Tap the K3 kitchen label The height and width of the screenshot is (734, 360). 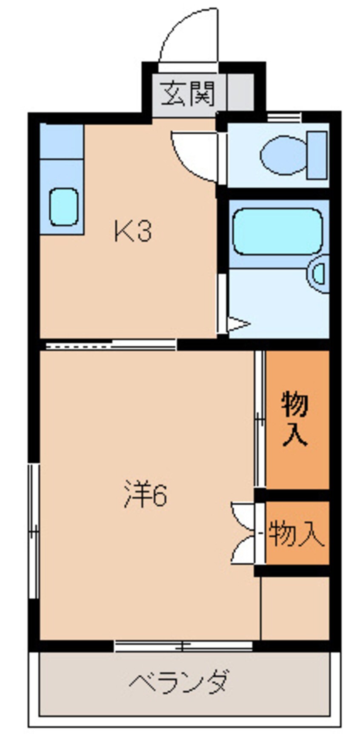click(x=133, y=232)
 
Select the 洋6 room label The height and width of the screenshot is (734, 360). click(x=146, y=494)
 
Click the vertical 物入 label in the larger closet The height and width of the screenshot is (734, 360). click(x=294, y=419)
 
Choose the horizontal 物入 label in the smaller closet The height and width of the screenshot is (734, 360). click(x=296, y=533)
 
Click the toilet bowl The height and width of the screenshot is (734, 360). click(x=283, y=155)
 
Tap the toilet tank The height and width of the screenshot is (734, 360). click(x=317, y=155)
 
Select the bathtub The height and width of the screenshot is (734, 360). click(x=277, y=232)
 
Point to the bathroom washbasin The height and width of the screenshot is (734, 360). click(x=320, y=274)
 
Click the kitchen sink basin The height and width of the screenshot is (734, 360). click(x=63, y=207)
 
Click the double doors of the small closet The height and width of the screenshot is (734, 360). click(x=243, y=533)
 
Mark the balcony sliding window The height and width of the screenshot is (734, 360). click(x=183, y=646)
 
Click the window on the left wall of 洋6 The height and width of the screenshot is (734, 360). click(x=34, y=530)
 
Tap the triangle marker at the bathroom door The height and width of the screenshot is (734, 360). click(x=237, y=324)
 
